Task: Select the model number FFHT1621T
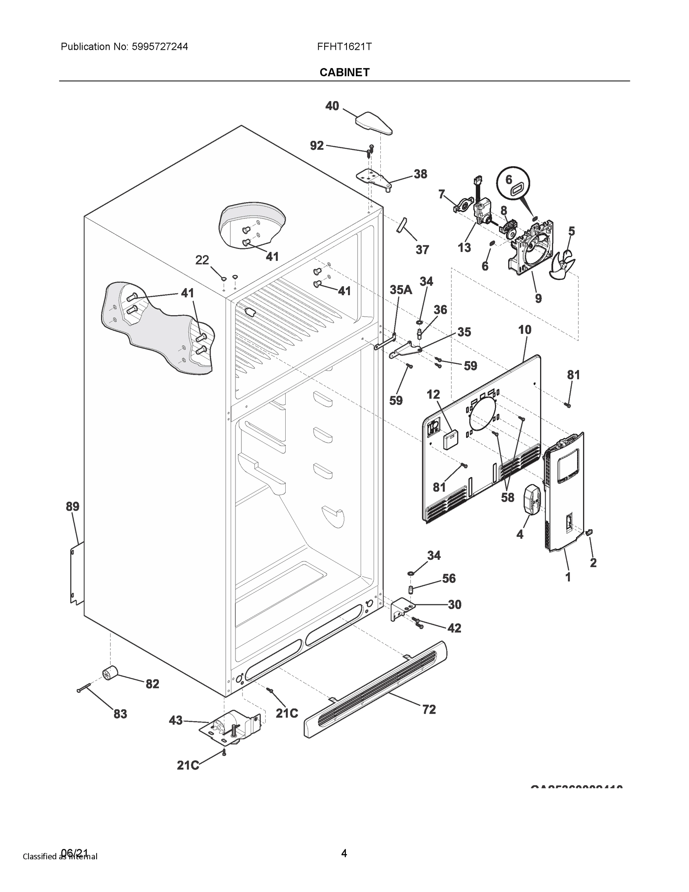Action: tap(344, 46)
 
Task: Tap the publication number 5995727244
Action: tap(160, 46)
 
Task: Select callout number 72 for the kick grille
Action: tap(429, 710)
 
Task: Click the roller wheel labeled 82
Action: tap(110, 673)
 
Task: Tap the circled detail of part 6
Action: tap(513, 185)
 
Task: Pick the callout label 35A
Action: tap(400, 290)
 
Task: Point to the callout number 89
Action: tap(73, 507)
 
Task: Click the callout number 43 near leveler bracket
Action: tap(176, 720)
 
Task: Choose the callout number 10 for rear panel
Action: tap(525, 330)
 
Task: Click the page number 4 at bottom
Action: tap(344, 853)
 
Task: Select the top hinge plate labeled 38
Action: tap(374, 178)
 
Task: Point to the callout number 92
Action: tap(317, 146)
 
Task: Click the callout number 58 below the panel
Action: tap(507, 497)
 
